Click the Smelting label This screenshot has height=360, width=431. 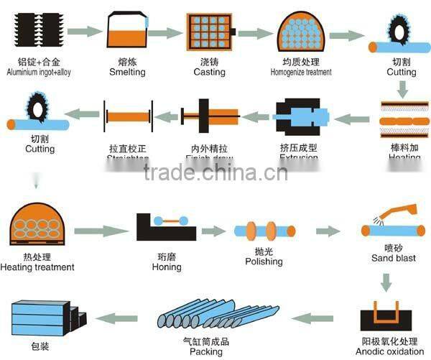click(127, 72)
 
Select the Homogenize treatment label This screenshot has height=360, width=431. click(301, 72)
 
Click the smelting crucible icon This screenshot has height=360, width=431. click(127, 31)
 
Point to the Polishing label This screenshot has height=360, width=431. click(264, 262)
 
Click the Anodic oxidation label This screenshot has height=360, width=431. click(390, 351)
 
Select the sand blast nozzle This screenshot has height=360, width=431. click(398, 213)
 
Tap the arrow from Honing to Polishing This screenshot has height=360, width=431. click(213, 231)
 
